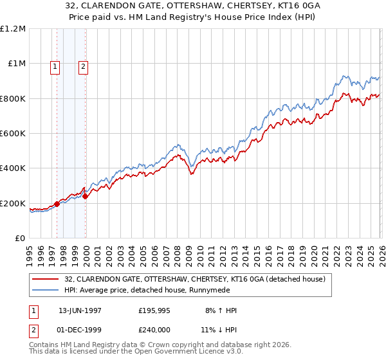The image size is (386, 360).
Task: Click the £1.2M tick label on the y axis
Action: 14,29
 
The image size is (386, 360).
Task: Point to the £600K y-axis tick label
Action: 13,134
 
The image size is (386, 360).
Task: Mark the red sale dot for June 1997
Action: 57,204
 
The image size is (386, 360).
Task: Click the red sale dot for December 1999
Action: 86,196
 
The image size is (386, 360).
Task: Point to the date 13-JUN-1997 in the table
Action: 80,310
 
